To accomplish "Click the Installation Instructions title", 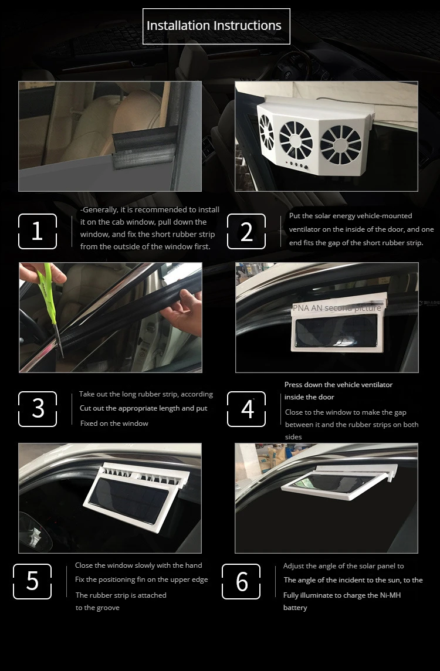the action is click(x=216, y=26).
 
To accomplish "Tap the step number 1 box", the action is click(x=38, y=231).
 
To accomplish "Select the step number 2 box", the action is click(x=246, y=231).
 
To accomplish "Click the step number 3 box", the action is click(x=38, y=409).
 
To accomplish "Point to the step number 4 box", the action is click(x=246, y=409).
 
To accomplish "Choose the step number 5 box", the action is click(x=32, y=581).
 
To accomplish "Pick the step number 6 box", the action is click(x=241, y=581).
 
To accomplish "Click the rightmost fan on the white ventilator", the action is click(x=341, y=145).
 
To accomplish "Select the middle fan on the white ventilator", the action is click(x=296, y=140).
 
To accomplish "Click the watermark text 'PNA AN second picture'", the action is click(x=337, y=308).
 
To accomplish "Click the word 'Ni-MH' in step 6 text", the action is click(x=390, y=595).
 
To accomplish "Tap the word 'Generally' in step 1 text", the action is click(x=100, y=210).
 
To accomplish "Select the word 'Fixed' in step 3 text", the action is click(x=90, y=423).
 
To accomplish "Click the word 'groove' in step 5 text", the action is click(x=108, y=608).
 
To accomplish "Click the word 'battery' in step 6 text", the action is click(x=295, y=608).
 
